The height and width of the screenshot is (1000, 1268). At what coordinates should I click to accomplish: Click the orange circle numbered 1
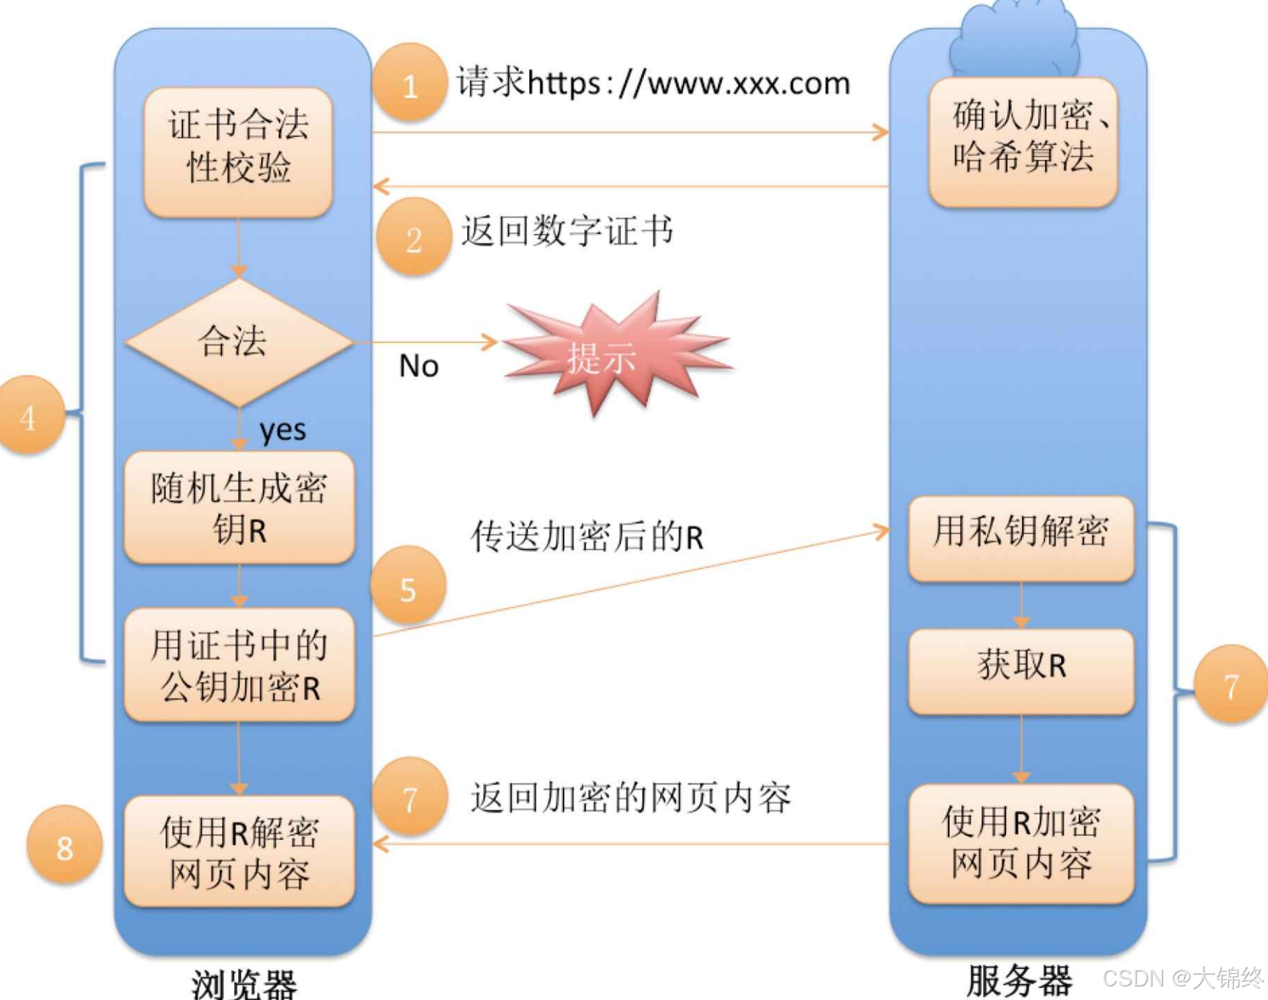409,84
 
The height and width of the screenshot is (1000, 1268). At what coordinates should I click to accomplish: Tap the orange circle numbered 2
413,237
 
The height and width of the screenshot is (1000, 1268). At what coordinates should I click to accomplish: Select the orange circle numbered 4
29,416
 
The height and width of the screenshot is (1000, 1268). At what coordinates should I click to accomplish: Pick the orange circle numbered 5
408,586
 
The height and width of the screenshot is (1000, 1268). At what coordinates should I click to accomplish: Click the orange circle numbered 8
64,846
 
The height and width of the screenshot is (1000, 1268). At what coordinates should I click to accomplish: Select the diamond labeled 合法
238,342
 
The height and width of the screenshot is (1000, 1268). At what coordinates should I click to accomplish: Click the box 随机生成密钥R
240,508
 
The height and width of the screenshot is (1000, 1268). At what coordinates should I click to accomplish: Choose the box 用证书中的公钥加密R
240,666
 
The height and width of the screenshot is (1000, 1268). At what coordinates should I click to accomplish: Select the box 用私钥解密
1021,537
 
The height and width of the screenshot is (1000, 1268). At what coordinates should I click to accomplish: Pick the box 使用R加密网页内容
1021,843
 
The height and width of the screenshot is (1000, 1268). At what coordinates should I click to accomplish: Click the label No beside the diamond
419,366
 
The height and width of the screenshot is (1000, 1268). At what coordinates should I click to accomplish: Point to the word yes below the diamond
283,430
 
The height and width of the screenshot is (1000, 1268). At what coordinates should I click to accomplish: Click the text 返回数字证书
568,232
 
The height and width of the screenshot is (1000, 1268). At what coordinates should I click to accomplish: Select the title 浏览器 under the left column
244,983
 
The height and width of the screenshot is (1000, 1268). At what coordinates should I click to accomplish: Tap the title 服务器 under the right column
1020,980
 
